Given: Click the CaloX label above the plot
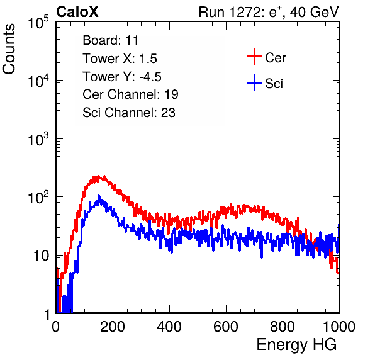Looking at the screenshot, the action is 77,12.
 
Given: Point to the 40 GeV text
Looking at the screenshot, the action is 314,12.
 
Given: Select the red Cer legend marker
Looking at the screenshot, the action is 254,57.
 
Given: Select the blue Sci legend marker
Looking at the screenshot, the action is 254,82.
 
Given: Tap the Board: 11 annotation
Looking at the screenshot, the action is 111,40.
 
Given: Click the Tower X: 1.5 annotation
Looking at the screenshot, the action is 120,59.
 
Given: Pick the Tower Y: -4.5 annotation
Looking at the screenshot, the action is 122,77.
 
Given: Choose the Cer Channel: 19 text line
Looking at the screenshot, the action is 130,94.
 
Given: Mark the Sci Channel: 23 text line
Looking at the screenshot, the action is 129,113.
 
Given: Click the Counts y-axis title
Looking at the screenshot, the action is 9,49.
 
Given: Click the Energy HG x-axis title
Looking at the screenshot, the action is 296,345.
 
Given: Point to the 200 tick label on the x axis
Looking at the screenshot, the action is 113,327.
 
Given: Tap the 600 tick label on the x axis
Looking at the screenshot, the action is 226,327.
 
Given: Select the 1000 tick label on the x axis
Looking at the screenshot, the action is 339,327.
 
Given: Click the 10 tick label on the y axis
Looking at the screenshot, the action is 42,256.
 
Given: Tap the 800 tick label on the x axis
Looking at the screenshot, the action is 283,327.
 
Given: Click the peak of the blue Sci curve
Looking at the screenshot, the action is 99,196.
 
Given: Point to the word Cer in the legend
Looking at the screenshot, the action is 275,58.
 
